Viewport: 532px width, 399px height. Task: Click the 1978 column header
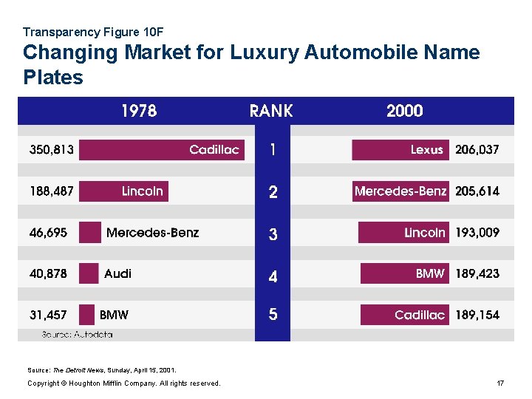click(139, 111)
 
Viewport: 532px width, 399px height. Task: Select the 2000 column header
click(404, 111)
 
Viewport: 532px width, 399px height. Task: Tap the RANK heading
click(271, 111)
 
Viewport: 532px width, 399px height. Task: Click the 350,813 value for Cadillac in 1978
click(52, 150)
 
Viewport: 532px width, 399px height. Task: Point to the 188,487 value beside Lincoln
click(52, 191)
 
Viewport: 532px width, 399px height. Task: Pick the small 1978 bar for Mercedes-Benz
click(90, 233)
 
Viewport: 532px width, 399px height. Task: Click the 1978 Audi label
click(117, 274)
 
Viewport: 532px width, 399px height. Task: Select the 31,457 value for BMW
click(48, 316)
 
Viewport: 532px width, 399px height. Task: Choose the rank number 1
click(273, 150)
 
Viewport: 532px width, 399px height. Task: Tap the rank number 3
click(273, 235)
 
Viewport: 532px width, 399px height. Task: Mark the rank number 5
click(273, 316)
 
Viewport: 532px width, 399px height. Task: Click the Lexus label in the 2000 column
click(426, 150)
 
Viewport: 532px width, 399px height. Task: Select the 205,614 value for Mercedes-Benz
click(477, 191)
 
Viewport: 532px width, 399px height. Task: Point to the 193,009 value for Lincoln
click(477, 233)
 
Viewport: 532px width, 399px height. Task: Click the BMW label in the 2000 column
click(430, 274)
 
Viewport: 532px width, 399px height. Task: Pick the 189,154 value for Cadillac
click(477, 316)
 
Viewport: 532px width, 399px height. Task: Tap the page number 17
click(500, 383)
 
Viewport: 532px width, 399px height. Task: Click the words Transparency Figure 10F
click(93, 32)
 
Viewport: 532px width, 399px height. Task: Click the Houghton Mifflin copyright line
click(123, 383)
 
